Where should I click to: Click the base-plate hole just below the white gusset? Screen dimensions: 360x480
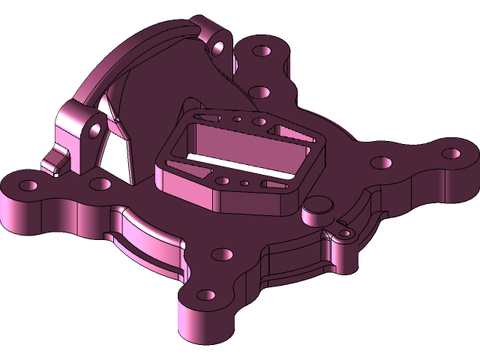(x=97, y=183)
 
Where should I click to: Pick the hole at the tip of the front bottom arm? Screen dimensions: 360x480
(x=205, y=294)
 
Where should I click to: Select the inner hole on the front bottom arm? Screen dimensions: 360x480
(x=220, y=253)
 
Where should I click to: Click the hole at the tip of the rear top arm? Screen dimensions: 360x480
(x=263, y=53)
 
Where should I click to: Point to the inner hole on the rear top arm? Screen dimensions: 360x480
(x=259, y=92)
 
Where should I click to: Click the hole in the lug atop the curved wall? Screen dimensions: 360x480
(x=219, y=47)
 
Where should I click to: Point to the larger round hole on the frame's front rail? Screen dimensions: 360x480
(x=223, y=180)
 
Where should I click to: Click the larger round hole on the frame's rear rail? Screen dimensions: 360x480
(x=258, y=121)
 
